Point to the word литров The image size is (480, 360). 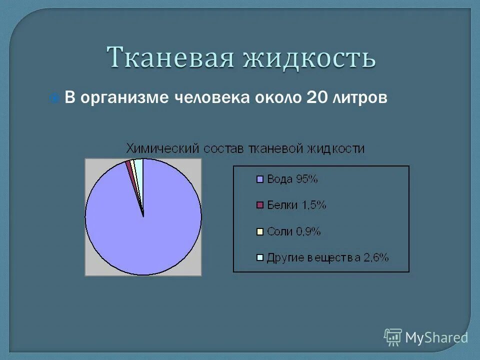359,98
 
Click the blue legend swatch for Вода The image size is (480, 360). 259,179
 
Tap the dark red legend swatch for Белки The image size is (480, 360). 259,205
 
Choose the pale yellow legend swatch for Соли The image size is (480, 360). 259,231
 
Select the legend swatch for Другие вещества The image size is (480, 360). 259,258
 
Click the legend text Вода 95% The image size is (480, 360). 292,179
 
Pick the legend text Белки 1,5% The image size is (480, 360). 296,205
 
